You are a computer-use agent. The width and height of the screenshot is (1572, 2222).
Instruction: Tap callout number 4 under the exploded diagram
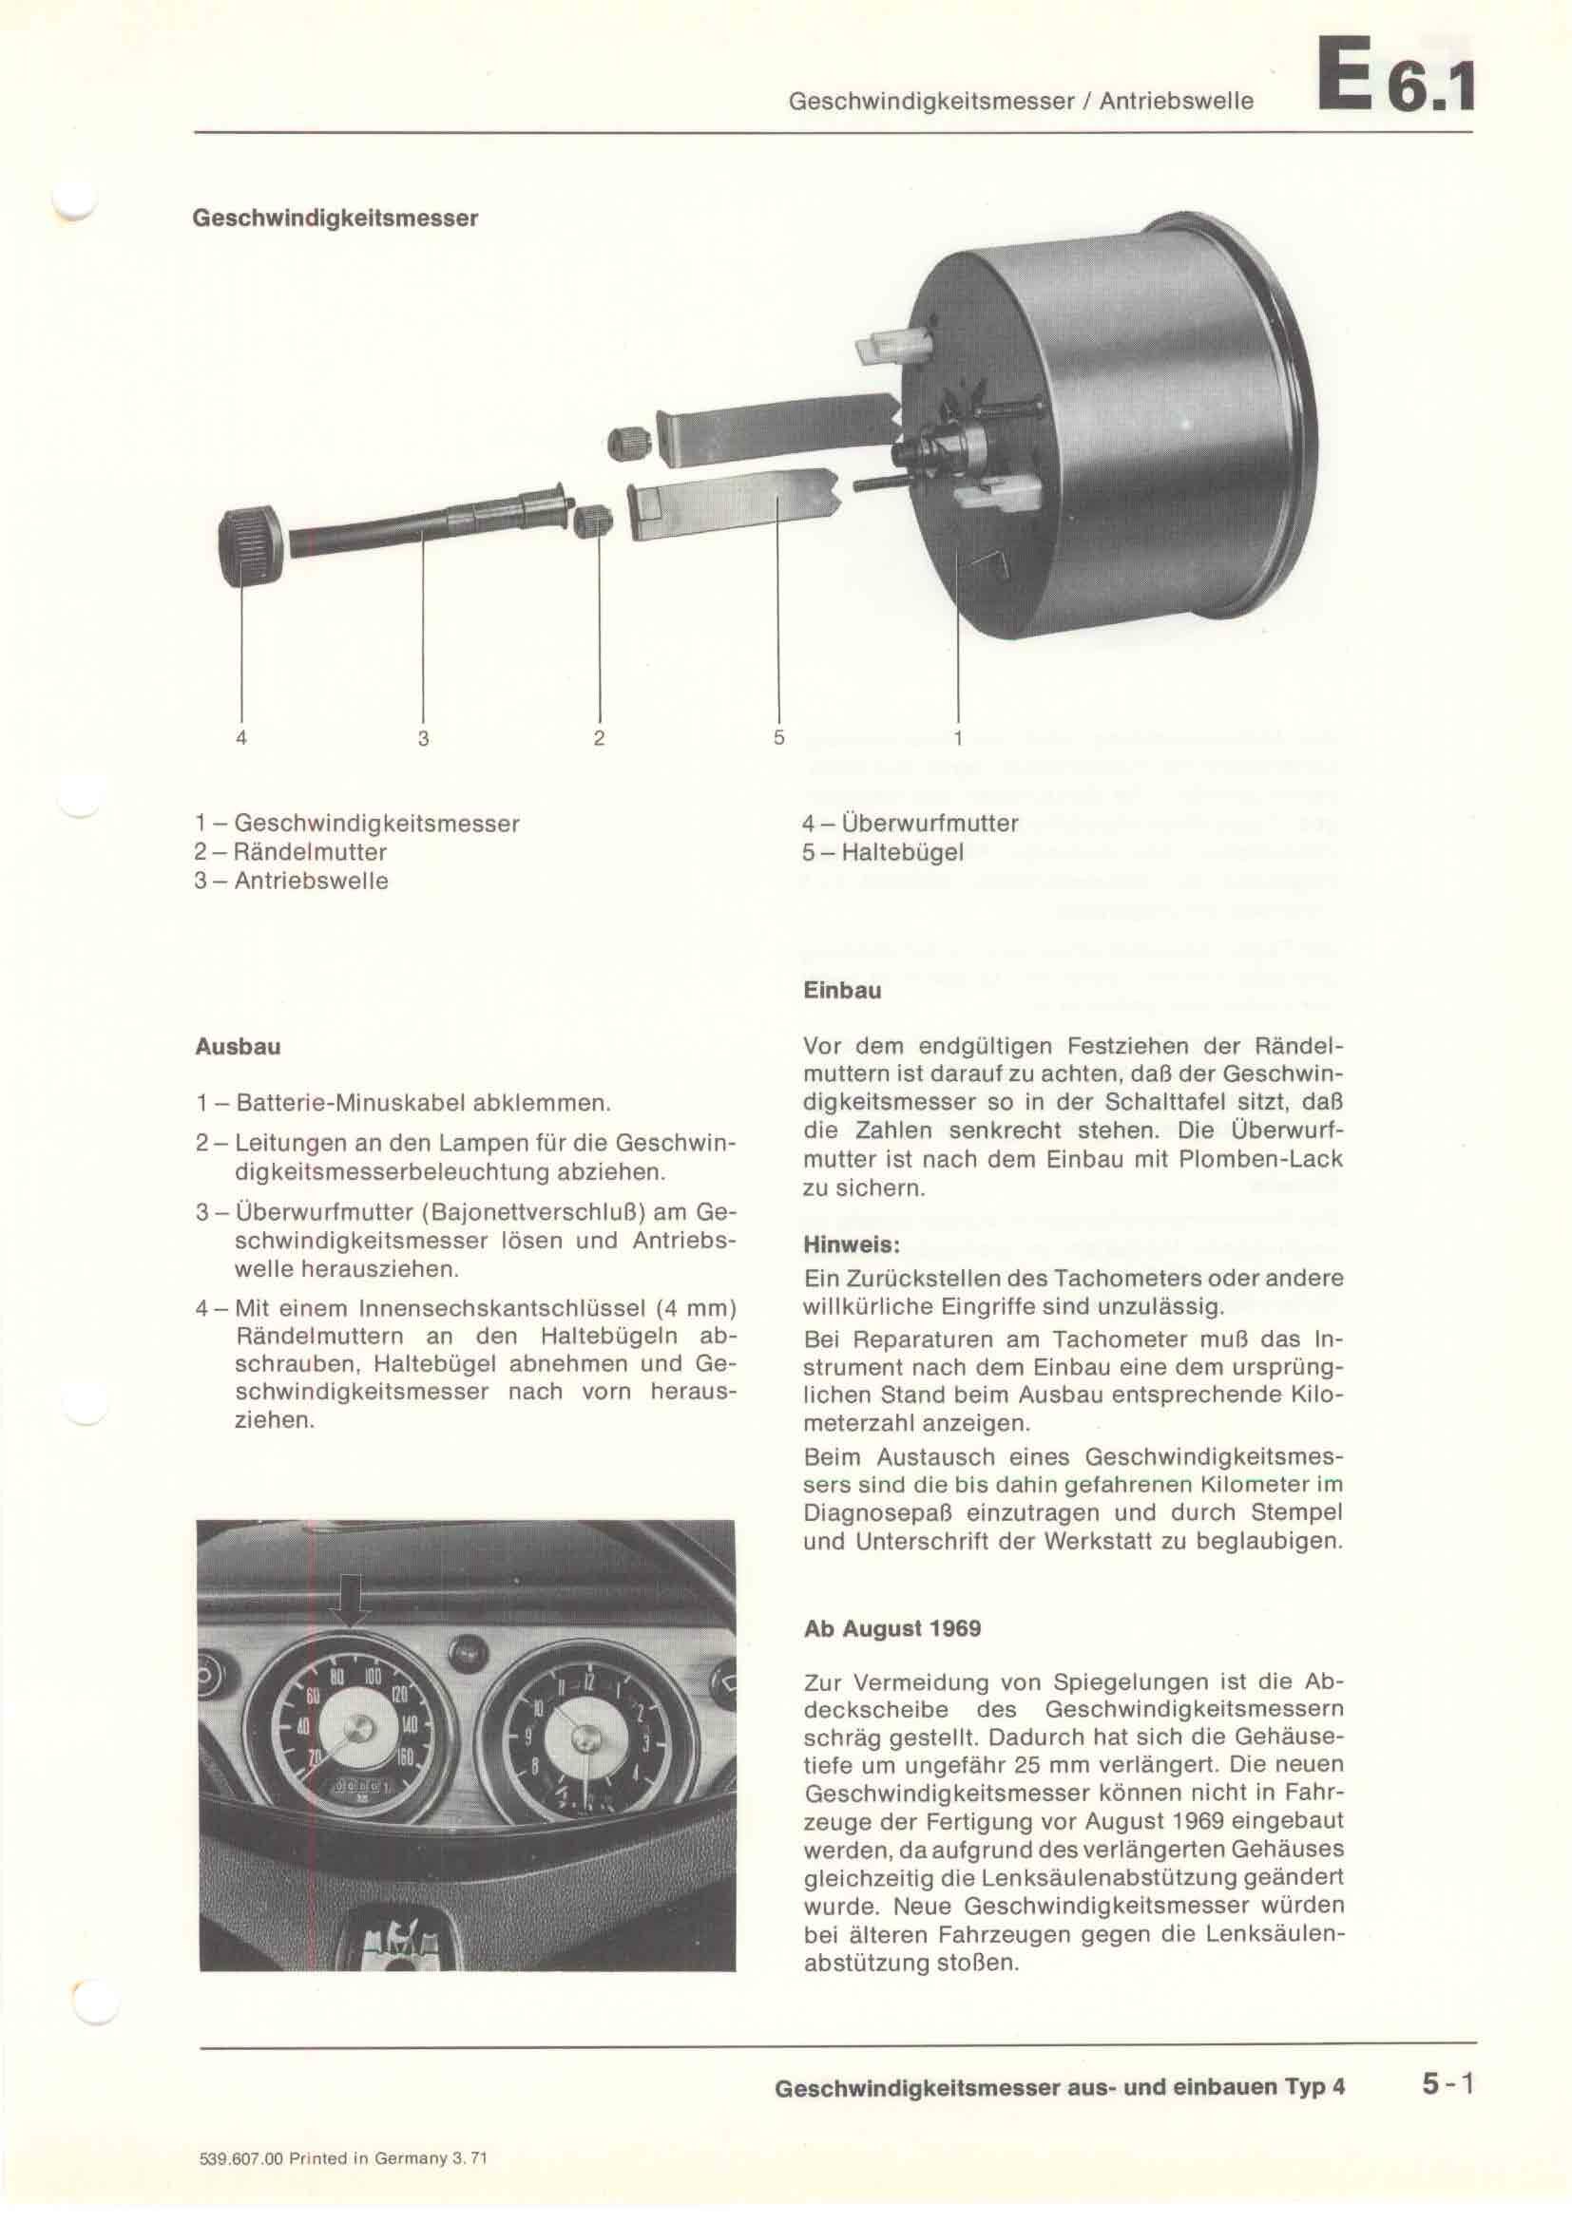tap(241, 738)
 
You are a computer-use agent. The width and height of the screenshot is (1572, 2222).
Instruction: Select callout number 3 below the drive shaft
tap(423, 738)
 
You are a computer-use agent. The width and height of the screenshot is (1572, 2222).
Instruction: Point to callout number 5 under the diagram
tap(778, 737)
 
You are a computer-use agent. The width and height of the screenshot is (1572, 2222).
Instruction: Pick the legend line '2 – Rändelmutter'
tap(291, 852)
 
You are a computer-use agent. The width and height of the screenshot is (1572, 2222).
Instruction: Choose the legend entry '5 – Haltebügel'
tap(883, 852)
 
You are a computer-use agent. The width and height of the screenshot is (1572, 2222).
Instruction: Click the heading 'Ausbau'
tap(239, 1047)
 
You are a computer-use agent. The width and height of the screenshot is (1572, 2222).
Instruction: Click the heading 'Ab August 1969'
tap(892, 1629)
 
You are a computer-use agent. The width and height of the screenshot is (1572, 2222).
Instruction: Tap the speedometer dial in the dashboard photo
tap(358, 1733)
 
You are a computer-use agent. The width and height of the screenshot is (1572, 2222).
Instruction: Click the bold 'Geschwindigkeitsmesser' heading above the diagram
tap(335, 218)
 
